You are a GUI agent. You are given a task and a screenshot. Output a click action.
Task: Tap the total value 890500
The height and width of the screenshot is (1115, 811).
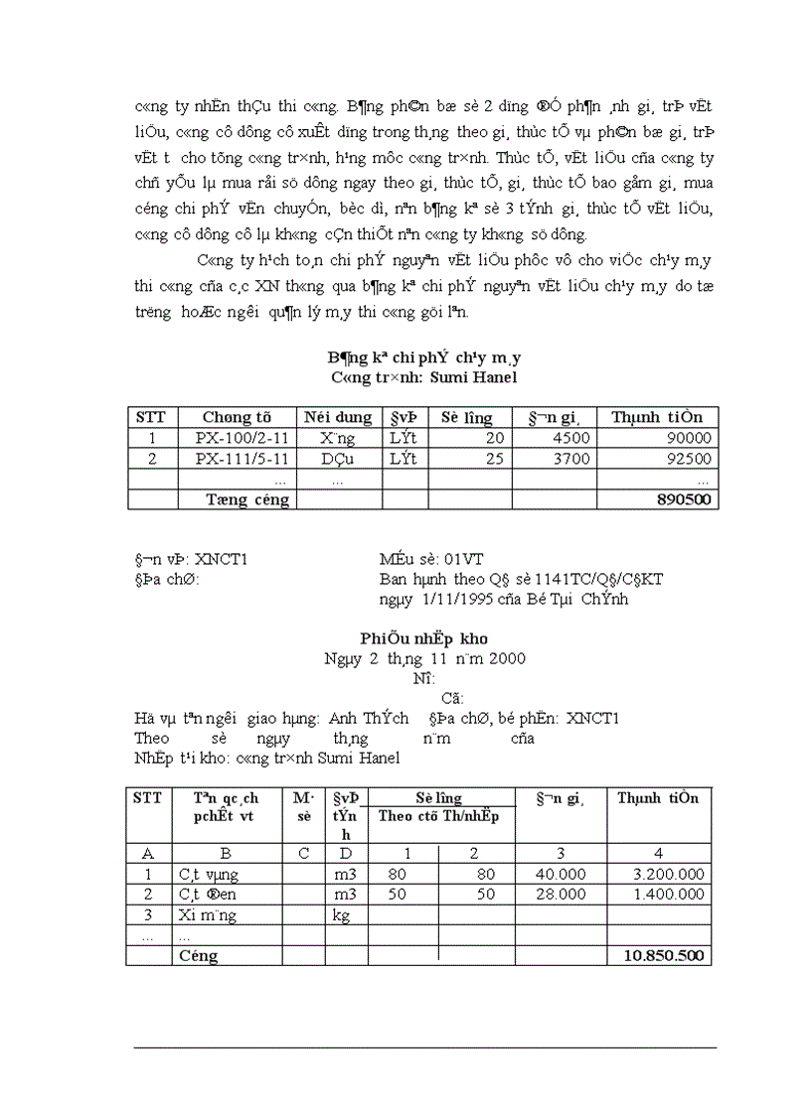[x=685, y=499]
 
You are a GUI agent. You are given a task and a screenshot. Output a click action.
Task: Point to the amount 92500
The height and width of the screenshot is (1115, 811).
[x=688, y=459]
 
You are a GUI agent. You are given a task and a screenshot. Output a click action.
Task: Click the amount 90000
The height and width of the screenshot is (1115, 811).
[x=688, y=438]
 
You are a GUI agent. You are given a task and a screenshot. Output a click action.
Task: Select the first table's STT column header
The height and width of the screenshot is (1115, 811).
[x=151, y=417]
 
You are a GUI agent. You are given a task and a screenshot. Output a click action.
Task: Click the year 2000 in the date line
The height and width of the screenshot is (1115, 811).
[x=507, y=658]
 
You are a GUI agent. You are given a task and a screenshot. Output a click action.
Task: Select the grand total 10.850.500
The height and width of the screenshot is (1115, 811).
[x=664, y=956]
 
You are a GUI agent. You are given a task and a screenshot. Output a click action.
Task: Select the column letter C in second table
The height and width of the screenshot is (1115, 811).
[x=304, y=853]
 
